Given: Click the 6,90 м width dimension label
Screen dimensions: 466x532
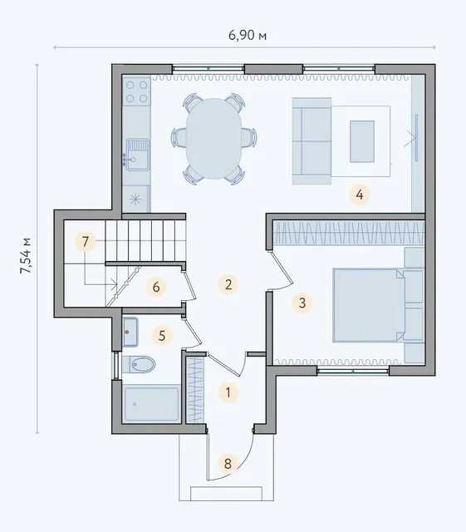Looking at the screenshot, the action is [248, 35].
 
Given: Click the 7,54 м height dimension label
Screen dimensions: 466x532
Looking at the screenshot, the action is [26, 256].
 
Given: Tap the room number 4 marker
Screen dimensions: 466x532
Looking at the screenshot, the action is [360, 195].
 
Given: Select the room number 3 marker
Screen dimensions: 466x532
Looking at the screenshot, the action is [302, 303].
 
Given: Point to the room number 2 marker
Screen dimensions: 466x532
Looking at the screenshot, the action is [228, 284].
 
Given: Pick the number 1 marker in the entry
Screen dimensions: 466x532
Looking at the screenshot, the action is [228, 392].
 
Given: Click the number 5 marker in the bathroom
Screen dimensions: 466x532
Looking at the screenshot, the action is [162, 336].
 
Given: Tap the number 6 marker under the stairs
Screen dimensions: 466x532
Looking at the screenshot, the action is [156, 287].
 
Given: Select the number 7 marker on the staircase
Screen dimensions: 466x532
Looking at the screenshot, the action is [85, 242].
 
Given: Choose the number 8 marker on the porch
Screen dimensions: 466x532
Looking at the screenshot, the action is [228, 464].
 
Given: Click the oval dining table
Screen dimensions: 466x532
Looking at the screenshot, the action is [213, 139].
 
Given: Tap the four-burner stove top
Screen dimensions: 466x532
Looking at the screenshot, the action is [137, 91].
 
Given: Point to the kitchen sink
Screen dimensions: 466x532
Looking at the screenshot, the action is [137, 155].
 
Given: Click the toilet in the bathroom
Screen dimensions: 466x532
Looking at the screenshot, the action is [139, 364].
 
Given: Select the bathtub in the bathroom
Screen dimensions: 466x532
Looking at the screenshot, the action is [152, 404].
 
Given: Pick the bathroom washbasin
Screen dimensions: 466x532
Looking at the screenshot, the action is [130, 332].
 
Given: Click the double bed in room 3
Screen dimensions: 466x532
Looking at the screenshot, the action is [369, 305].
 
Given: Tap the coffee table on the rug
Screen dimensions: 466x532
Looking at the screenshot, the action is [362, 141].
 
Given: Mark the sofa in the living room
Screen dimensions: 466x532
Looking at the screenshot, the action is [311, 141].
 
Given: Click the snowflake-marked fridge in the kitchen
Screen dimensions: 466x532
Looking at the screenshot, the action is [136, 199].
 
